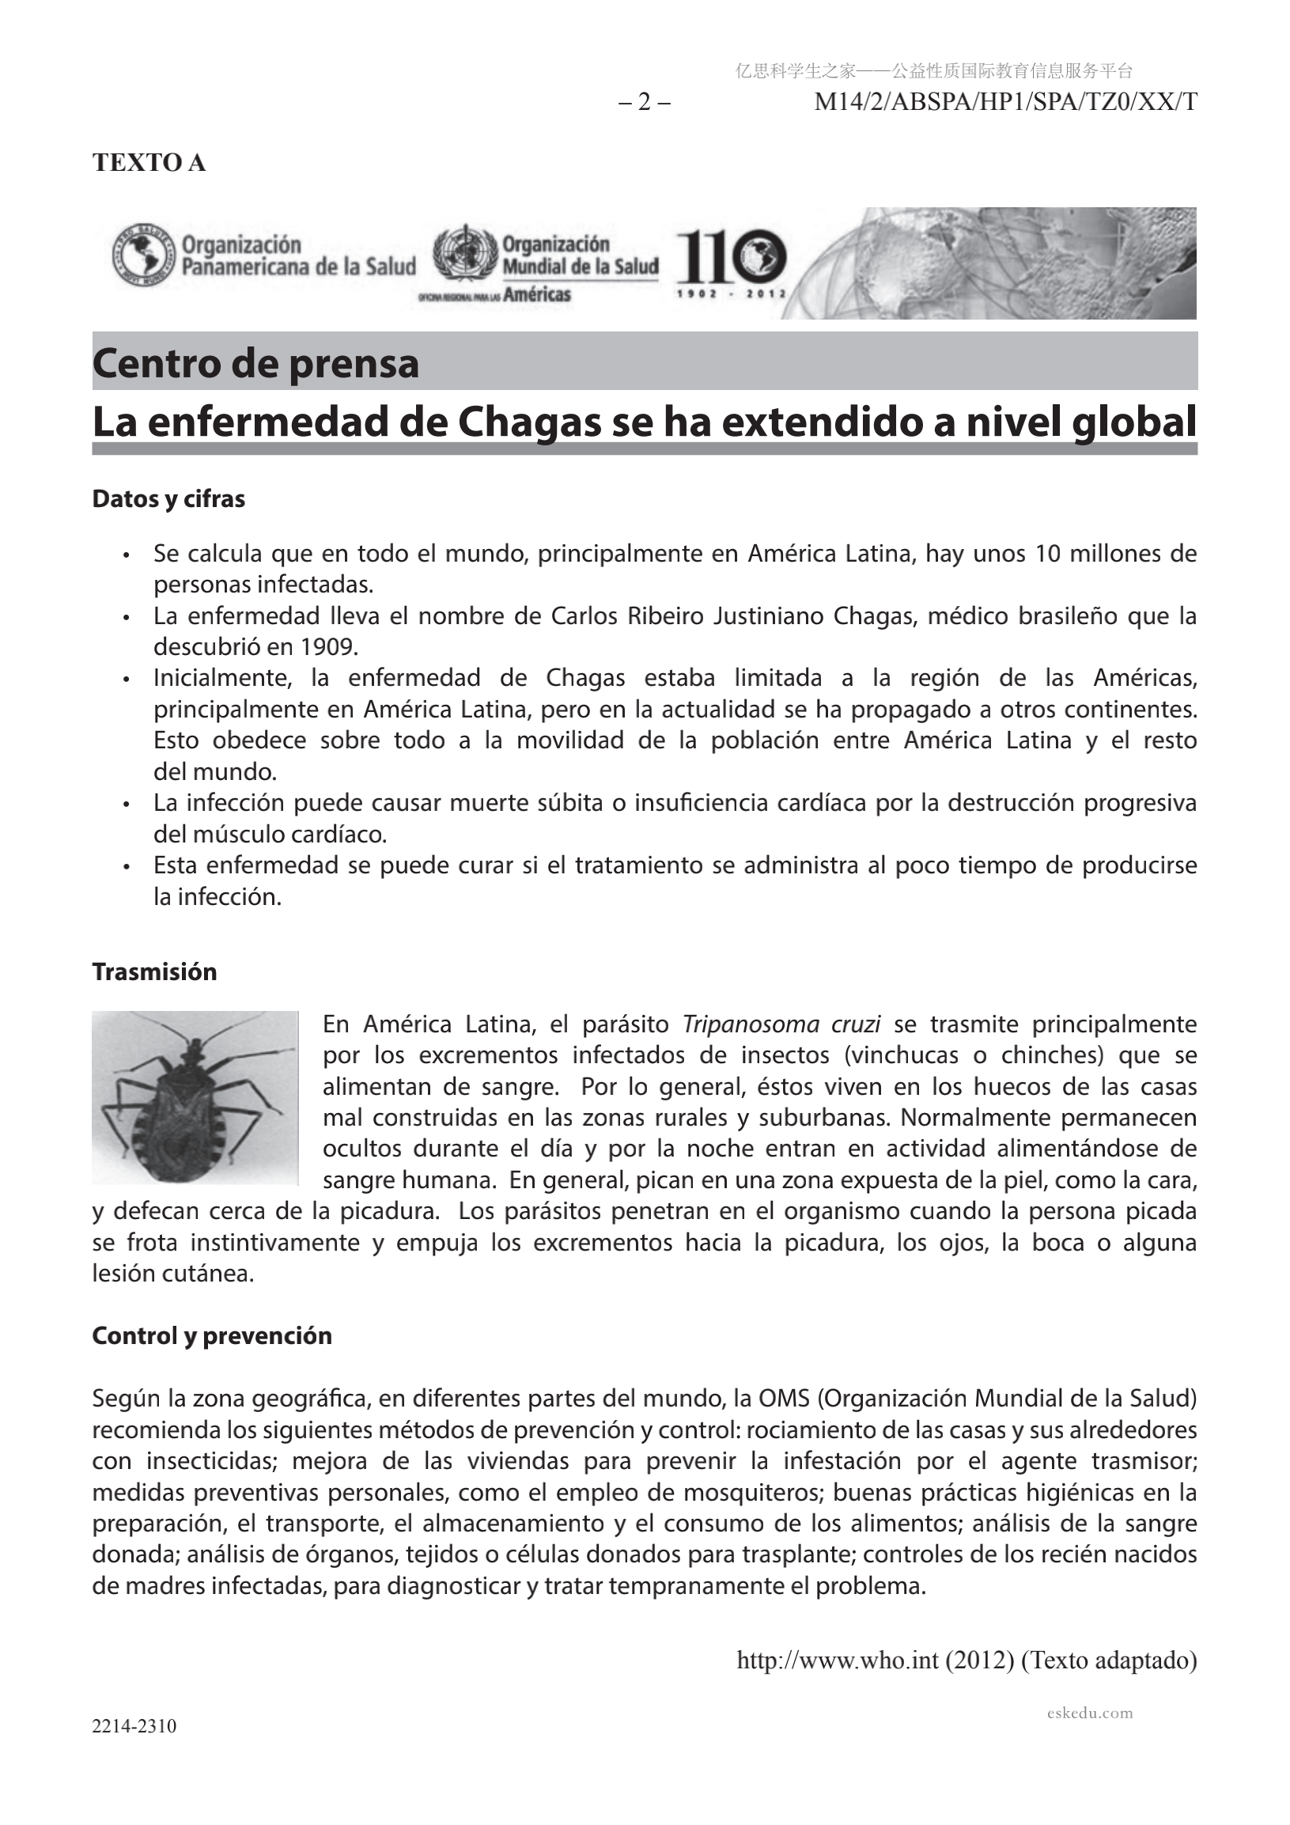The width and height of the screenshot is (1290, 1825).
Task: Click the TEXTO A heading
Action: click(149, 162)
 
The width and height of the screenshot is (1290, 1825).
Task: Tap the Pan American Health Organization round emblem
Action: click(144, 256)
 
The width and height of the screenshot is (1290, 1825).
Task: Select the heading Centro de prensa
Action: click(255, 364)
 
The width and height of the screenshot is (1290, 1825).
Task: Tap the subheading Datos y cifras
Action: click(168, 499)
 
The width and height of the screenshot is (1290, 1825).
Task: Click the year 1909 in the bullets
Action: click(328, 646)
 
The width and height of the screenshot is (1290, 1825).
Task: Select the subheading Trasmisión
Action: click(154, 972)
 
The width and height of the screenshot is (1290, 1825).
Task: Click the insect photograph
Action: click(195, 1097)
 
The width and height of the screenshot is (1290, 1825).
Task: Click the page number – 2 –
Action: click(645, 103)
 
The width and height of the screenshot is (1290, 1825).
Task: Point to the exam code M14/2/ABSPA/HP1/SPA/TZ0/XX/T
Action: click(1005, 103)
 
